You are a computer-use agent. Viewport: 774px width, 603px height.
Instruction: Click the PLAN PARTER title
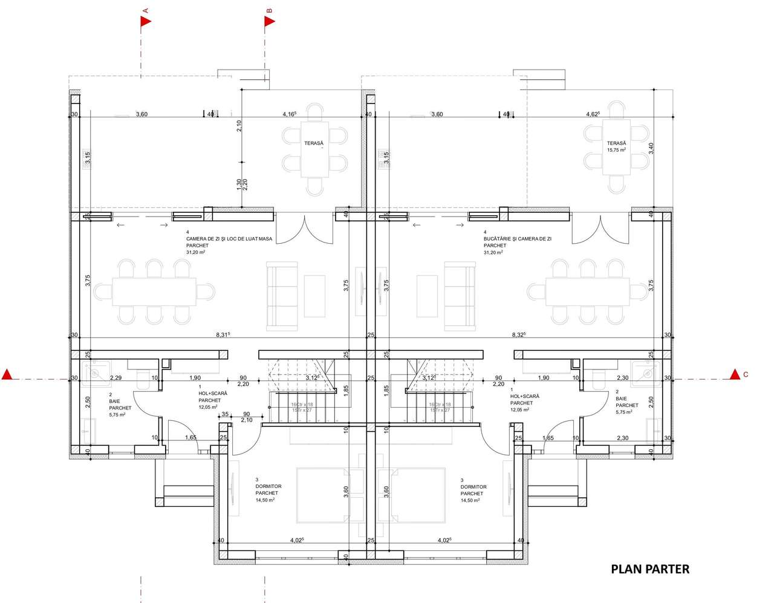click(650, 569)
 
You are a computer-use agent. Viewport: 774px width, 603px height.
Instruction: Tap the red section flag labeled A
click(146, 22)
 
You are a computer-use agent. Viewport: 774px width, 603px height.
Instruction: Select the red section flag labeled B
click(270, 22)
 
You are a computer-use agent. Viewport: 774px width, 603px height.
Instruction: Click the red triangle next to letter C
click(735, 374)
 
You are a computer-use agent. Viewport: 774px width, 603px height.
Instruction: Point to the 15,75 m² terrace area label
click(617, 150)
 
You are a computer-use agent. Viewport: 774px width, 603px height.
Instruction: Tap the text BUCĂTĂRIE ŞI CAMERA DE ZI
click(517, 239)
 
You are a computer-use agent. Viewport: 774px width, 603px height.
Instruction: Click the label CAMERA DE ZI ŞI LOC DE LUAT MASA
click(229, 239)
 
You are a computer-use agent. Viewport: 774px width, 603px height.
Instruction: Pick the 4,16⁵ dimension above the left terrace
click(290, 114)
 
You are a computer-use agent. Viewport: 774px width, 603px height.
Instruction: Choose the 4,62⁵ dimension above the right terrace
click(593, 114)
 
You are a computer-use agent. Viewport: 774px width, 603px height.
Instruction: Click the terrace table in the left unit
click(315, 149)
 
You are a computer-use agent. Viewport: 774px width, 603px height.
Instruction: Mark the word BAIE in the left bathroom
click(115, 402)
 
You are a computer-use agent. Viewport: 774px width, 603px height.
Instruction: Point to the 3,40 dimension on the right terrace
click(651, 148)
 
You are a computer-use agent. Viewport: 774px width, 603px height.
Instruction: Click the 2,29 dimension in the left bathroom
click(115, 378)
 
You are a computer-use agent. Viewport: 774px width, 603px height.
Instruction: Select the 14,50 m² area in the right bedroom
click(470, 500)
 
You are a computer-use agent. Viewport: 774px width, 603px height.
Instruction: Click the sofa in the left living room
click(282, 296)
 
